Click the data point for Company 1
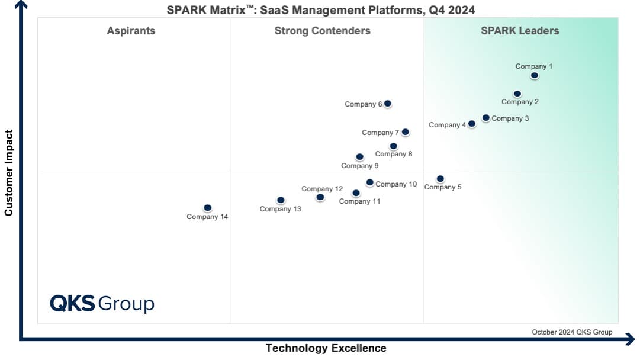click(535, 75)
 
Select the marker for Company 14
click(207, 208)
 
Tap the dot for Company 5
click(440, 179)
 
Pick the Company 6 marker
click(388, 104)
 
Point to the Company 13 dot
click(281, 200)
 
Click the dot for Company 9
click(359, 157)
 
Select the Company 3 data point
click(485, 118)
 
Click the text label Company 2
click(520, 102)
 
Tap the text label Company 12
click(322, 189)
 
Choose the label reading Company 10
click(396, 184)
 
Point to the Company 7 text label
click(381, 133)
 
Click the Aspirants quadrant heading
click(131, 31)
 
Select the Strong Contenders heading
click(322, 31)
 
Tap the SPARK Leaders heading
click(520, 31)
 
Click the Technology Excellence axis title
click(326, 348)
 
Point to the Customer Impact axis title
click(9, 173)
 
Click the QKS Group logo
click(102, 303)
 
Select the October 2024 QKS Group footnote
click(572, 332)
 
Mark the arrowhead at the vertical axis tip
click(21, 4)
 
